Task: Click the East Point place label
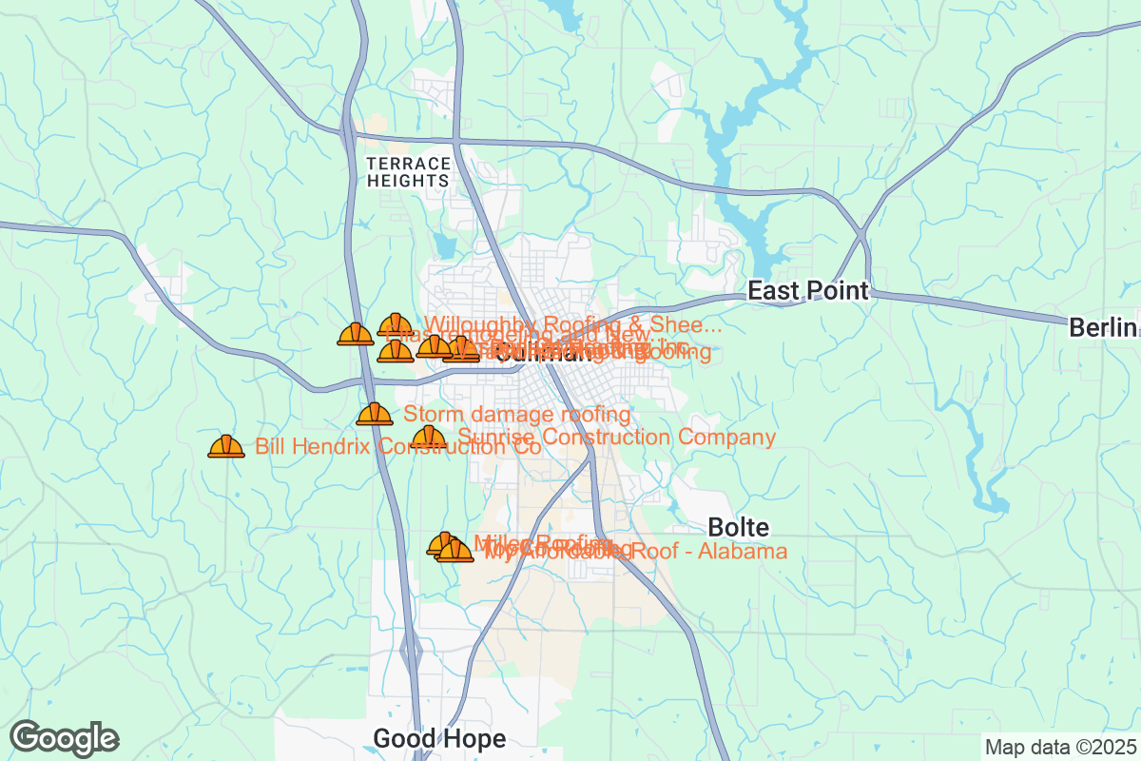(x=808, y=290)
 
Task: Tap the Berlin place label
(x=1103, y=328)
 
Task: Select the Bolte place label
(x=739, y=527)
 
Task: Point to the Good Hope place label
(x=438, y=738)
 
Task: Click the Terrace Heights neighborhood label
(x=407, y=171)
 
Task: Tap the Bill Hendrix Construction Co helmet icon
(x=226, y=446)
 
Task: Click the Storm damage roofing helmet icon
(x=375, y=414)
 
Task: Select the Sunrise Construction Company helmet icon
(x=429, y=439)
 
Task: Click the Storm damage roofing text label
(x=517, y=415)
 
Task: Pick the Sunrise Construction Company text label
(x=616, y=438)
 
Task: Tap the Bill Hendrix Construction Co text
(x=397, y=446)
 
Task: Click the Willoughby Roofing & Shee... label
(x=572, y=324)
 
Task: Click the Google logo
(x=64, y=738)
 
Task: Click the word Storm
(x=433, y=415)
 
